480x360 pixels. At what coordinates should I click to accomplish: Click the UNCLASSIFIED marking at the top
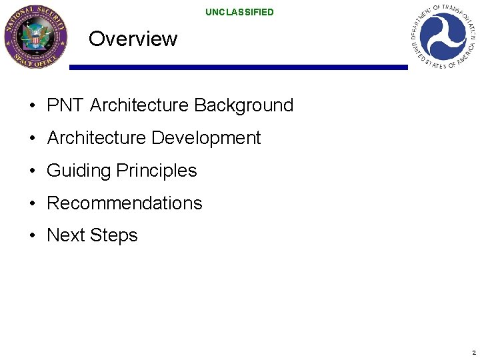click(239, 12)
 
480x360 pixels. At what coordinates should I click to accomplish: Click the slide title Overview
click(133, 39)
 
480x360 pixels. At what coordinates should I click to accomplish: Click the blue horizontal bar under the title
click(238, 67)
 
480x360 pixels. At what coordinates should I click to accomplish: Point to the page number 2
click(473, 352)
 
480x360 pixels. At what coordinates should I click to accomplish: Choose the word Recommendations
click(124, 203)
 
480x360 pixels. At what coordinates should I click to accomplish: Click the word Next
click(66, 235)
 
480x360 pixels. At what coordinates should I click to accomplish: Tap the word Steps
click(113, 235)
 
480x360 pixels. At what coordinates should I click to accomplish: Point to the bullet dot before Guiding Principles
click(32, 171)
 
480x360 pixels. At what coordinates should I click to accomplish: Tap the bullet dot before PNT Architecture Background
click(32, 106)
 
